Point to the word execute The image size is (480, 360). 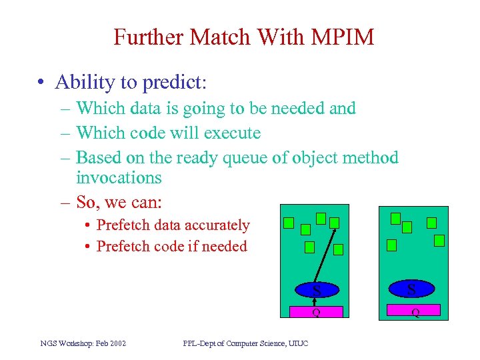click(x=233, y=133)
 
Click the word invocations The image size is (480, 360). click(x=119, y=177)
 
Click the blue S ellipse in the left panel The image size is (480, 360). click(x=317, y=290)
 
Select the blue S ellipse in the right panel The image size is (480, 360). click(x=411, y=289)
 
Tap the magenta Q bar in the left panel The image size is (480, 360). click(x=316, y=311)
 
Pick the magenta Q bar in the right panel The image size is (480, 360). click(x=414, y=310)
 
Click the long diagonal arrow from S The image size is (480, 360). click(x=325, y=255)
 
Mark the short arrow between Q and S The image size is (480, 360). click(x=317, y=301)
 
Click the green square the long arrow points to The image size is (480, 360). click(x=335, y=223)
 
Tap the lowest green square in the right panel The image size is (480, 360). click(x=392, y=245)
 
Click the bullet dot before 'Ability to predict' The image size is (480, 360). click(x=42, y=83)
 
